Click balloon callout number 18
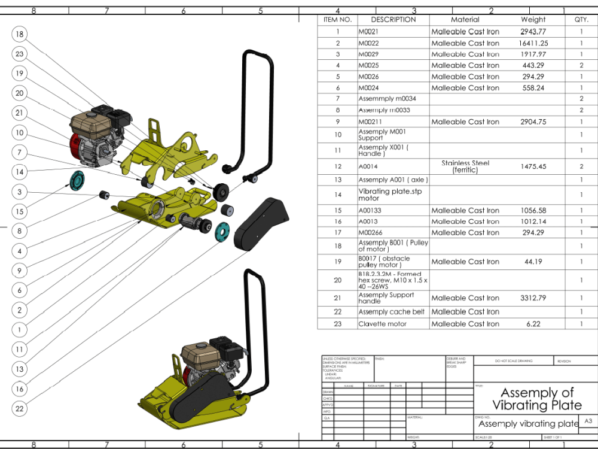pos(20,34)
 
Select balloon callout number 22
pos(20,408)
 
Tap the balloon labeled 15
pos(20,211)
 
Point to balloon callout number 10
pos(20,133)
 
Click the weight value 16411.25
pos(533,43)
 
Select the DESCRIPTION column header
pos(393,20)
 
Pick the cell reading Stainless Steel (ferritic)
pos(465,166)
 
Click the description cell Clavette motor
pos(383,324)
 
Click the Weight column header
pos(533,20)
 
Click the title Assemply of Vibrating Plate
pos(536,399)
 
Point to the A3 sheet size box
pos(588,421)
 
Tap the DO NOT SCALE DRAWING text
pos(512,361)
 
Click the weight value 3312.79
pos(533,298)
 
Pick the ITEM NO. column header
pos(337,20)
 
